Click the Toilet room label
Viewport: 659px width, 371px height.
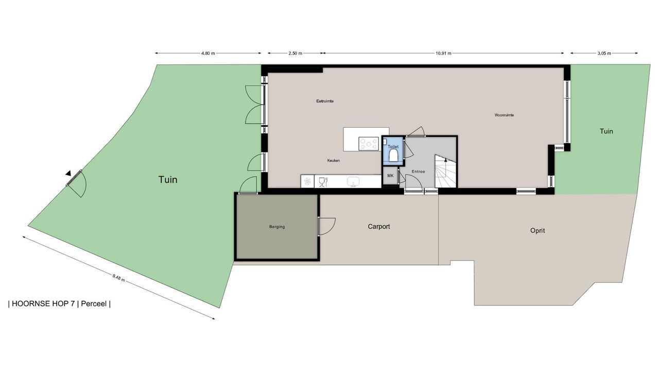click(x=393, y=147)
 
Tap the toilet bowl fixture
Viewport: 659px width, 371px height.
click(x=393, y=155)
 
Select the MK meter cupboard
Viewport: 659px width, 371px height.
click(x=390, y=176)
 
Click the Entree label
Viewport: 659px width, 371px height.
click(x=418, y=172)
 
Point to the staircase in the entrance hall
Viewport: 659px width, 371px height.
click(x=445, y=171)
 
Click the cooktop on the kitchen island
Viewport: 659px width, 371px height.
click(x=369, y=144)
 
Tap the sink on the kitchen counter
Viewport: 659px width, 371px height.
click(x=353, y=181)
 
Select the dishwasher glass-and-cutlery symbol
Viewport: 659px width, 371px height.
click(x=323, y=182)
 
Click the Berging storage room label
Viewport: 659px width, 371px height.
click(x=277, y=227)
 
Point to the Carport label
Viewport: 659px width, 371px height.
click(x=378, y=226)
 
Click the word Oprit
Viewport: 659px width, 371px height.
click(x=537, y=230)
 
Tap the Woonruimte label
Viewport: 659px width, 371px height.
click(x=504, y=115)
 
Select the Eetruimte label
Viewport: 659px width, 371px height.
click(x=325, y=101)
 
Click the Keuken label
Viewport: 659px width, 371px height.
click(x=333, y=160)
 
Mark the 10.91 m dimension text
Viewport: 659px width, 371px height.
click(x=443, y=53)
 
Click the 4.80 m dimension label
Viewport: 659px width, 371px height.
click(x=207, y=53)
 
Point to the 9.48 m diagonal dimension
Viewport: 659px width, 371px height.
click(x=118, y=278)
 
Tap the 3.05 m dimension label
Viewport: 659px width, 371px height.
click(x=604, y=53)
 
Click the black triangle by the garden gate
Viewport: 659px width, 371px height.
click(x=68, y=174)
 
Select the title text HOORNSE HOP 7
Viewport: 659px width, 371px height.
click(x=43, y=303)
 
